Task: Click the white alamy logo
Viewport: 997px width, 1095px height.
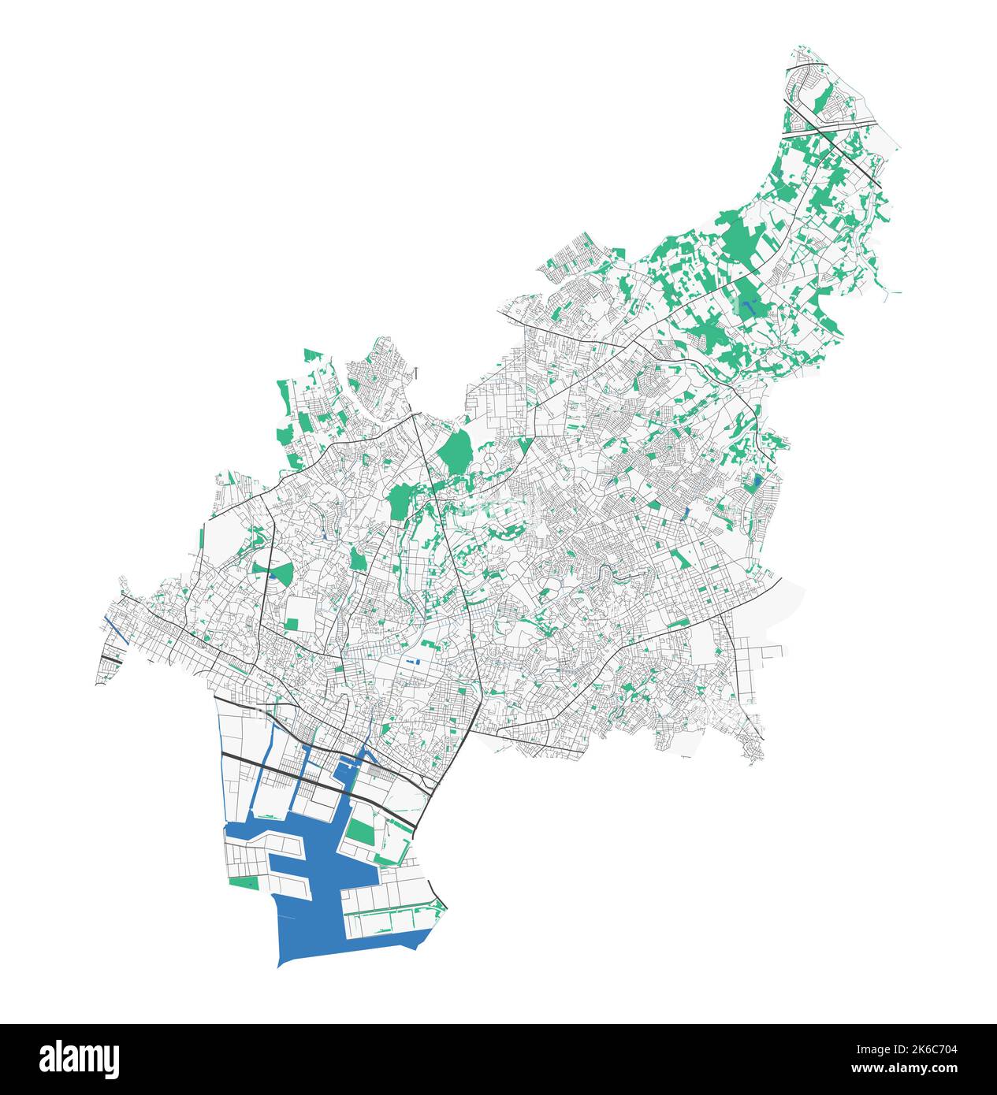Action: pyautogui.click(x=80, y=1059)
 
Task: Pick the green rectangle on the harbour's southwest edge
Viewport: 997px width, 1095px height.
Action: pyautogui.click(x=244, y=882)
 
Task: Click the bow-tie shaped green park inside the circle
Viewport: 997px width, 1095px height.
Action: pyautogui.click(x=272, y=569)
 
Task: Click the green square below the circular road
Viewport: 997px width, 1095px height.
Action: pyautogui.click(x=292, y=625)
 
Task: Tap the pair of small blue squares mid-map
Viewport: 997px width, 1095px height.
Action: pyautogui.click(x=415, y=660)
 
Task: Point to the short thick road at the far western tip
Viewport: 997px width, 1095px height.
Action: pyautogui.click(x=111, y=655)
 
